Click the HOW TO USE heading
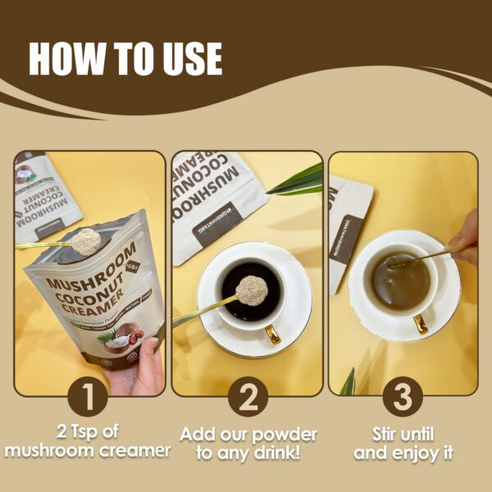(x=125, y=58)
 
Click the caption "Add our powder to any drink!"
(x=247, y=441)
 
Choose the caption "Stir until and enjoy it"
(x=402, y=441)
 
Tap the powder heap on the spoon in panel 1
(x=85, y=240)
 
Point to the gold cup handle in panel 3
(x=420, y=322)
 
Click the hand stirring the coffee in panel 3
(x=465, y=238)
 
